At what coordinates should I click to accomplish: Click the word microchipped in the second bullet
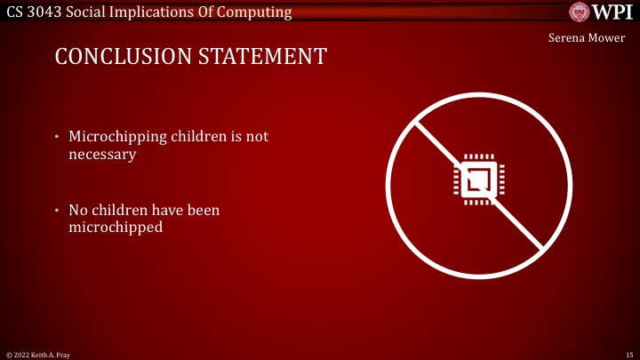coord(113,228)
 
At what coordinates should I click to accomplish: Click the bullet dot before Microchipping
coord(56,138)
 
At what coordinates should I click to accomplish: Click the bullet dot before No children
coord(56,212)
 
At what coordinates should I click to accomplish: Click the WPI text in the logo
coord(612,12)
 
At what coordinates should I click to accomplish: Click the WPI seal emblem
coord(580,12)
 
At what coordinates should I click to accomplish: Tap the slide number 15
coord(628,355)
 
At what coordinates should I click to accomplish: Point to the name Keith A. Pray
coord(52,355)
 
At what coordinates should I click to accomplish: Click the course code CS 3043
coord(35,12)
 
